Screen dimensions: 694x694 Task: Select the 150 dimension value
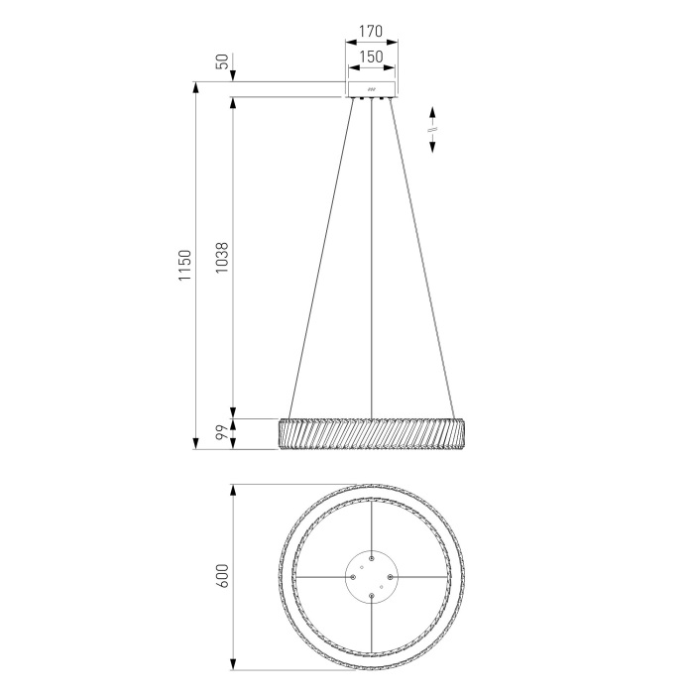pos(371,58)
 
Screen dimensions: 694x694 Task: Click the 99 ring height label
pos(222,432)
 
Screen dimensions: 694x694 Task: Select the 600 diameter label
pos(222,576)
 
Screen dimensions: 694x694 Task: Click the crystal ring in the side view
pos(371,433)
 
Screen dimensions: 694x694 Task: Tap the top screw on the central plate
pos(371,557)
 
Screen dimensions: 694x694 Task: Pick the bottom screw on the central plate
pos(371,596)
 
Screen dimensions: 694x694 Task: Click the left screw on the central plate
pos(352,576)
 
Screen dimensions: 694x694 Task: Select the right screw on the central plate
pos(391,576)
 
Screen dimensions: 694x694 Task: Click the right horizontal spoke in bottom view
pos(422,576)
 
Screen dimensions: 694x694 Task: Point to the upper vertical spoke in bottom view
pos(371,525)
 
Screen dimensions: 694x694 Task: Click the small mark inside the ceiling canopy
pos(371,91)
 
